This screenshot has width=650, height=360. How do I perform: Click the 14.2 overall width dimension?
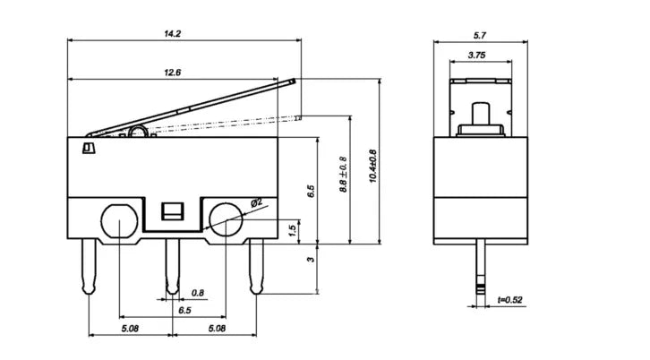coord(173,34)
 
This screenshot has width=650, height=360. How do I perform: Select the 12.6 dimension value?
coord(173,73)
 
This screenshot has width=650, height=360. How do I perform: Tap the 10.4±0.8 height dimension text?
coord(372,167)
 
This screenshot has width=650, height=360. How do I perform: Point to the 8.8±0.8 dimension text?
coord(343,175)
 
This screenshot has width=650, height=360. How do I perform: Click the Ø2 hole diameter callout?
coord(257,202)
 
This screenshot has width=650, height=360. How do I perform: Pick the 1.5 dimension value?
coord(292,231)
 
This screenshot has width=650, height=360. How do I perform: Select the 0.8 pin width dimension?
coord(198,293)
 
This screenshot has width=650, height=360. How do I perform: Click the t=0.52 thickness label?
coord(510,300)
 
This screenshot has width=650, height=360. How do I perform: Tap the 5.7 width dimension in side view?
coord(480,36)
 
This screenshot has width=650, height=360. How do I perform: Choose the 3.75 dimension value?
coord(476,56)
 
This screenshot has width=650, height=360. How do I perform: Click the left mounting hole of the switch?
coord(119,220)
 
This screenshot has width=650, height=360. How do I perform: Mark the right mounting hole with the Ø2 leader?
coord(226,219)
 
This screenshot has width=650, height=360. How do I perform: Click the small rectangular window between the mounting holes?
coord(173,211)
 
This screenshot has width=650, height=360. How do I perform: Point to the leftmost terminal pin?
coord(90,266)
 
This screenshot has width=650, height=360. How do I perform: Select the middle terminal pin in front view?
coord(173,266)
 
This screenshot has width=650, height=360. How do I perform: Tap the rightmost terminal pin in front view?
coord(256,266)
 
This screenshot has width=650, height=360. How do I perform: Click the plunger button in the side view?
coord(481,114)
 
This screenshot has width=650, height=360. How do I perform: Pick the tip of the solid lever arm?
coord(294,81)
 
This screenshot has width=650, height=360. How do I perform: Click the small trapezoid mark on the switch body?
coord(89,148)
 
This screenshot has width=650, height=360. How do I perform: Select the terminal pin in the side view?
coord(481,267)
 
